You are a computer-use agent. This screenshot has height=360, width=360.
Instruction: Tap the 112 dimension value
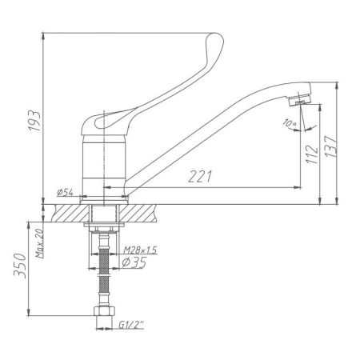point(313,150)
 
